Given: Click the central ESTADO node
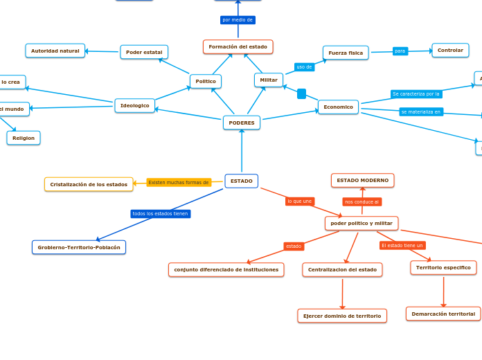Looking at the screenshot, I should coord(241,181).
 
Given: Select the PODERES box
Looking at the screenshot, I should coord(241,123).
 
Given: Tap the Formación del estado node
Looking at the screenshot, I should coord(238,46).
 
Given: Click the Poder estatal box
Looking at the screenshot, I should coord(144,52).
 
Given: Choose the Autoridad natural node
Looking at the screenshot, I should coord(55,51).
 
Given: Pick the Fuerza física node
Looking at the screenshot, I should coord(346,53).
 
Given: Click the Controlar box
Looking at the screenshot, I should coord(450,50).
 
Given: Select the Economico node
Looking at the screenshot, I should coord(338,107).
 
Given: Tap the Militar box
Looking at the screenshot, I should coord(269,80).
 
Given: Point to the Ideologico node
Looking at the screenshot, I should coord(134,105).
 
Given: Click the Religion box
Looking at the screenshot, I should coord(24,138).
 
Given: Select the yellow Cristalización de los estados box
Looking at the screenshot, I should coord(89,184).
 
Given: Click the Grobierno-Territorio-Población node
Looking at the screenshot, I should coord(79,247).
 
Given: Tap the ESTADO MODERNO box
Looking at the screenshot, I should coord(362,180).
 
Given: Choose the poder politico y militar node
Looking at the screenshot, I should coord(361,223).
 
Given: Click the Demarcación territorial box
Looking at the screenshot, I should coord(443,314).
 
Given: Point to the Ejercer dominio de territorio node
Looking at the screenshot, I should coord(342,316).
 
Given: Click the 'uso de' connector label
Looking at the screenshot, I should coord(304,66).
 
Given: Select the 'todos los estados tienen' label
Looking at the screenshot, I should coord(160,214).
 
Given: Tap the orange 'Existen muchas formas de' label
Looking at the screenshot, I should coord(179,183).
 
